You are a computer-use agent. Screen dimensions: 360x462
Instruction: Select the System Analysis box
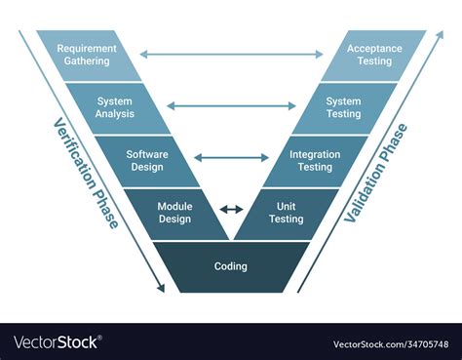[x=116, y=106]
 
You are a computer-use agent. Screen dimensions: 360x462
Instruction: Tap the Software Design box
[x=147, y=159]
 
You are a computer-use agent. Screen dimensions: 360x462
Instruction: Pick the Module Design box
[x=175, y=213]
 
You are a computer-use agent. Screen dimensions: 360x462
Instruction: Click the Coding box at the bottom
[x=231, y=266]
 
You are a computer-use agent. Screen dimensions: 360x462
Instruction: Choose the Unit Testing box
[x=286, y=213]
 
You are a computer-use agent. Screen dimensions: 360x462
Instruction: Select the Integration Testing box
[x=314, y=160]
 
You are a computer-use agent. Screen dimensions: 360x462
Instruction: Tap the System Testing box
[x=344, y=106]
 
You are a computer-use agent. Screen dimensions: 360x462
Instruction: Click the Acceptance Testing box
[x=374, y=55]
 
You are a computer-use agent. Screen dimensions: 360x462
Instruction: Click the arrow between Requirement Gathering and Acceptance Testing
[x=231, y=55]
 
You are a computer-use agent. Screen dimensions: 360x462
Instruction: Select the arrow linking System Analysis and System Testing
[x=231, y=105]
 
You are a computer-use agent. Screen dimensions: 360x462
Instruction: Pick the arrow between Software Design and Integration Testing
[x=231, y=157]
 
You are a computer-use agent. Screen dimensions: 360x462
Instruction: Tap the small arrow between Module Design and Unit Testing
[x=231, y=209]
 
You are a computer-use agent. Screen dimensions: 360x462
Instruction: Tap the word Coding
[x=231, y=266]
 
